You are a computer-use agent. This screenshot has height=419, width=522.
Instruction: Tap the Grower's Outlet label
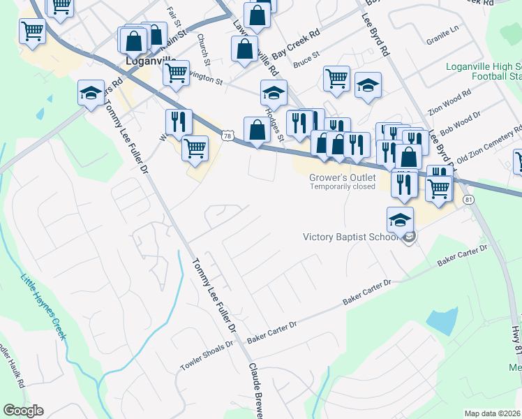(343, 177)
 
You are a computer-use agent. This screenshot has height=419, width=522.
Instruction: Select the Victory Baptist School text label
(351, 237)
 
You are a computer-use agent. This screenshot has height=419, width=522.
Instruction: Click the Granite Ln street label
(445, 30)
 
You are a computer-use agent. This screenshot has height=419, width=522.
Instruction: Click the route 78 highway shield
(227, 135)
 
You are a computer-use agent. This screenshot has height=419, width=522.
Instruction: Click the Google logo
(23, 411)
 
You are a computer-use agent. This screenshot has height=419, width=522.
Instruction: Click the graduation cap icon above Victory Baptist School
(401, 219)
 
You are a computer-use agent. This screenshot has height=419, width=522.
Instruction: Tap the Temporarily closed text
(343, 186)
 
